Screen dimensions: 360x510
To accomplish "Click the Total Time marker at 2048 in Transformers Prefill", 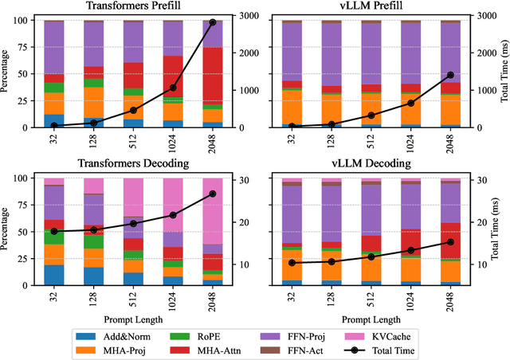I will tap(213, 22).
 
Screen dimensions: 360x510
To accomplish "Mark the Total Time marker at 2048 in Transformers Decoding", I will tap(213, 194).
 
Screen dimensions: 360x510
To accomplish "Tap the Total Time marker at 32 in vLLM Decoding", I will tap(292, 263).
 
